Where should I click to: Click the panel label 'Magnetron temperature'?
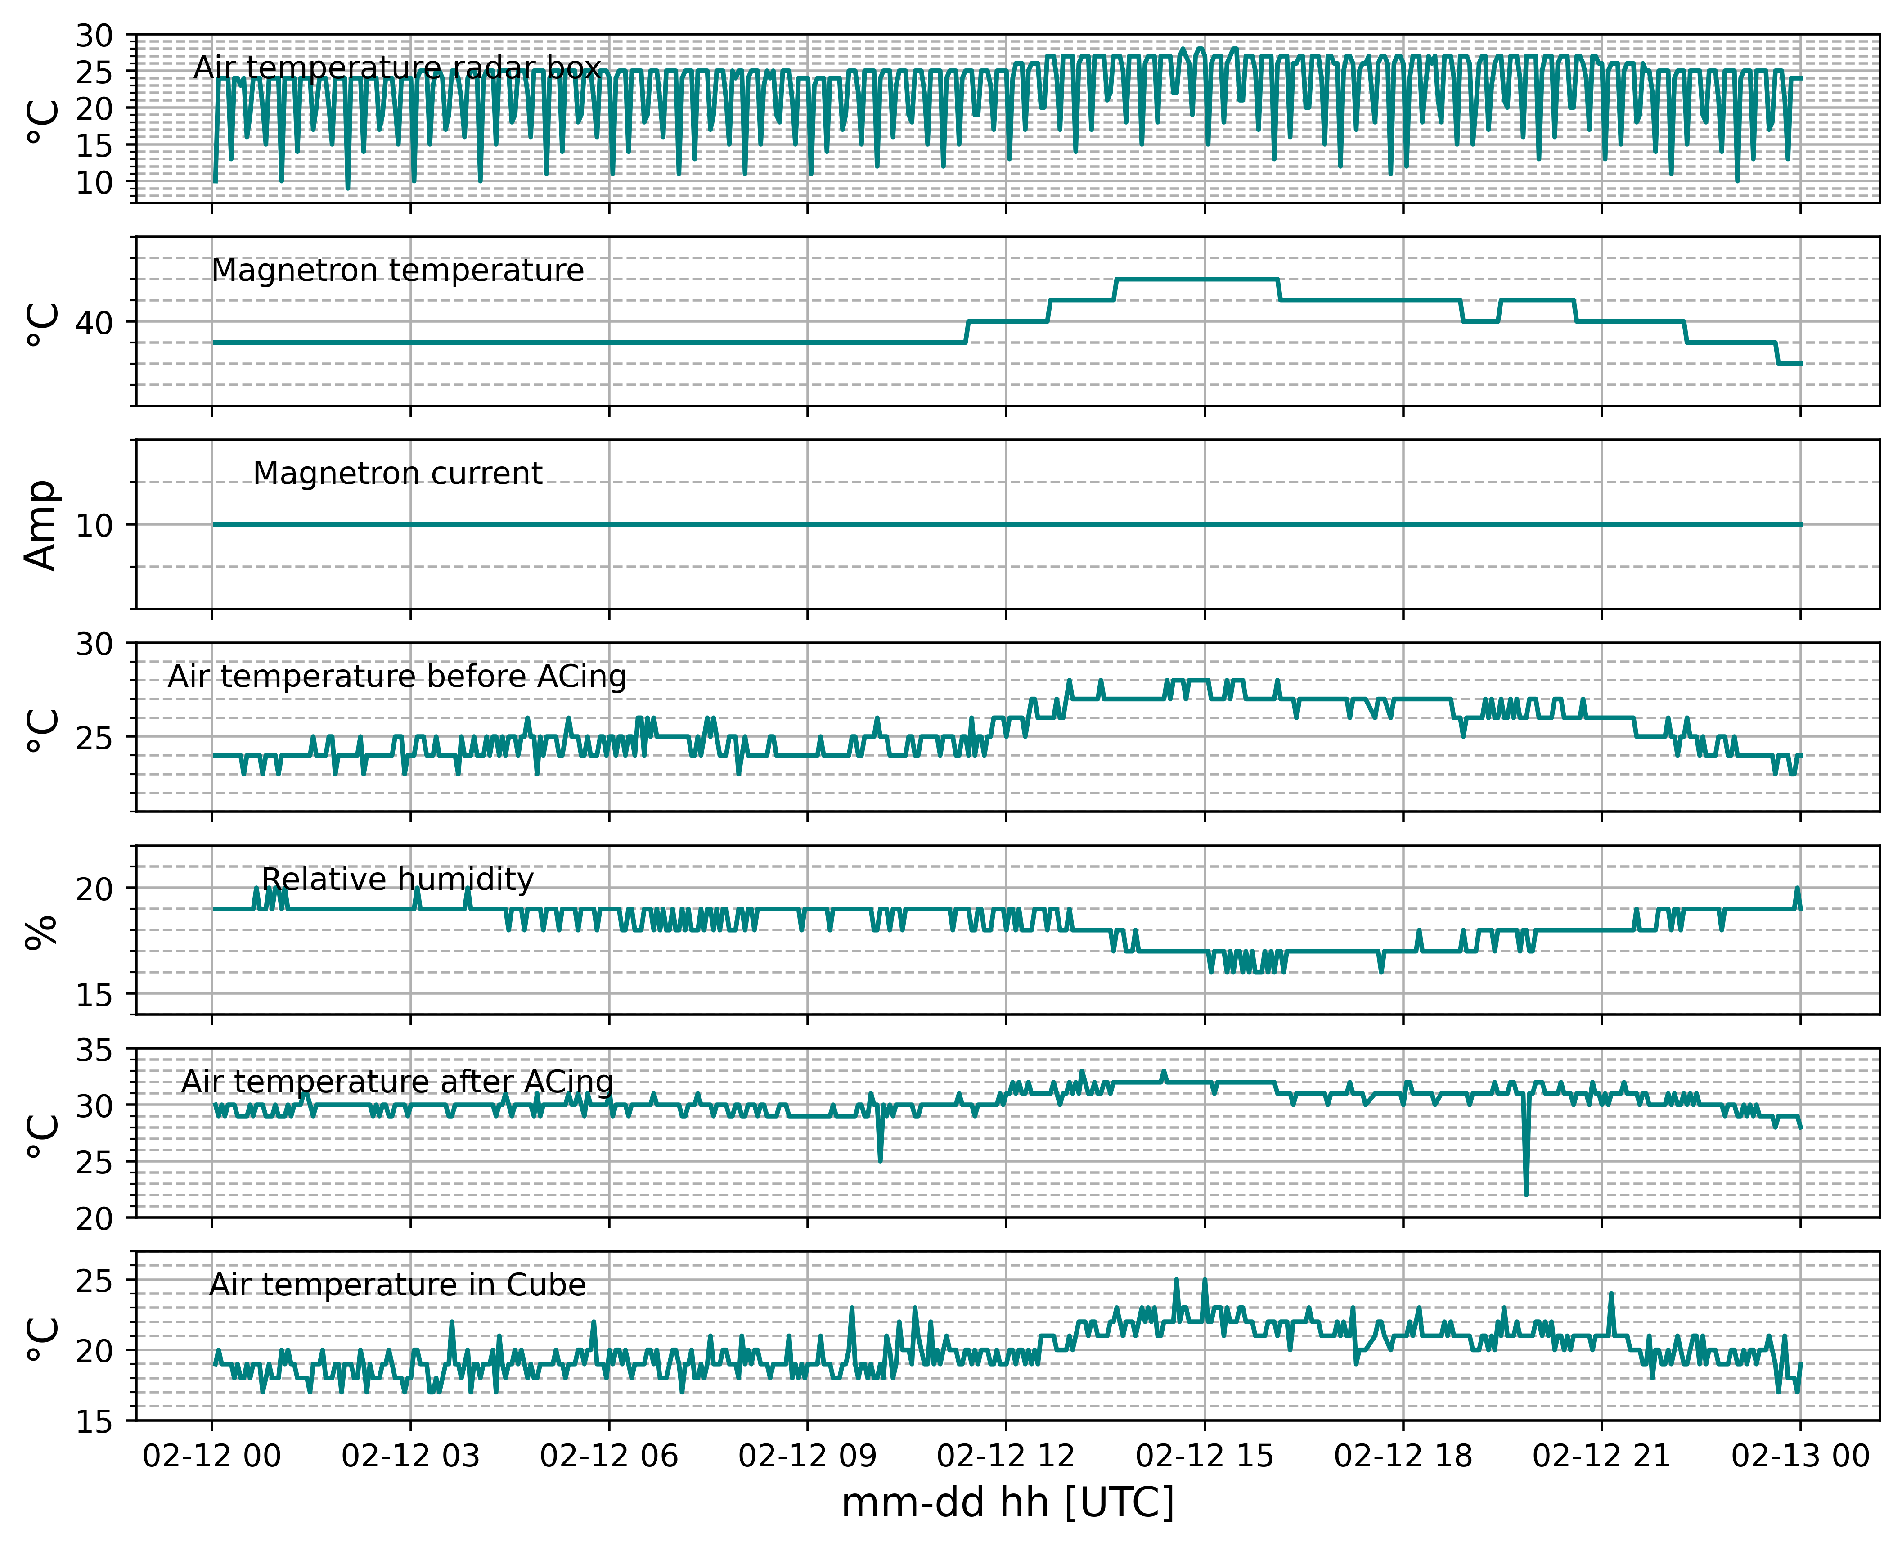[397, 270]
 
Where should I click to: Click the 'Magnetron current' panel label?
[397, 473]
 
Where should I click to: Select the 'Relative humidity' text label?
[397, 879]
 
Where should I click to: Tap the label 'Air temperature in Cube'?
[397, 1285]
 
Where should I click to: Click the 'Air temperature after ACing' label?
[397, 1082]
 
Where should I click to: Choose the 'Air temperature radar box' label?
[397, 68]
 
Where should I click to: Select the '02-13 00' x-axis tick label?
[1800, 1456]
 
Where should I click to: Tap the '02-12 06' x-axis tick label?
[609, 1456]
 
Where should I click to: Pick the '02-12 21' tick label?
[1602, 1456]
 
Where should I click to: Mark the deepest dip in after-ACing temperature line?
[1526, 1194]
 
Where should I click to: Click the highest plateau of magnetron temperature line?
[1196, 280]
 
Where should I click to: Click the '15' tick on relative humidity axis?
[94, 995]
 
